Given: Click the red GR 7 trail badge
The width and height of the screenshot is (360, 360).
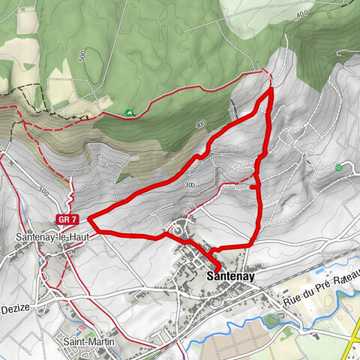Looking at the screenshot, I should (x=66, y=220).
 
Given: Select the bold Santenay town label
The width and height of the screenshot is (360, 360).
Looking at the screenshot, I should (x=229, y=277).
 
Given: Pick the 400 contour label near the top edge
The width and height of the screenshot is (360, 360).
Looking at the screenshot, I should (x=301, y=13).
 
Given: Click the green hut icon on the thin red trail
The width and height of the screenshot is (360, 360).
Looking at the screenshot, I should (x=129, y=112).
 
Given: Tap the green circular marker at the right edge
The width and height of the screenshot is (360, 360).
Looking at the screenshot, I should (x=339, y=167).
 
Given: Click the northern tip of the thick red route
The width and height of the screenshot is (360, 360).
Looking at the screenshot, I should (x=269, y=89).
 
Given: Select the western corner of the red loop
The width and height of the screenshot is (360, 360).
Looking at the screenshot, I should (x=90, y=220).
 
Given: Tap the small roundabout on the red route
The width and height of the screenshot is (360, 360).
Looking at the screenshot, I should (x=177, y=231).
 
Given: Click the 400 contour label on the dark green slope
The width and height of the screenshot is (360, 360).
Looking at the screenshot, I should (x=199, y=124).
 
